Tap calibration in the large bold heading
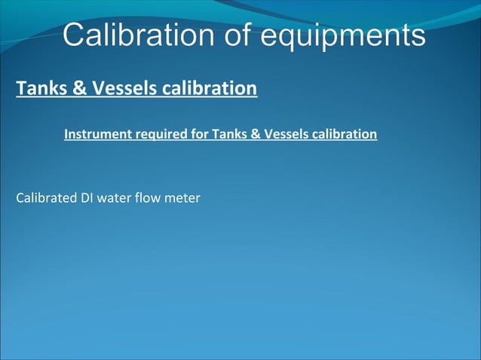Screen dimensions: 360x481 tap(209, 89)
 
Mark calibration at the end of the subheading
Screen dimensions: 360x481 tap(344, 135)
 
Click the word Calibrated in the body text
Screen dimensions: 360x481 tap(46, 199)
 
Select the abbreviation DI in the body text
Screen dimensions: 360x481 tap(87, 199)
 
